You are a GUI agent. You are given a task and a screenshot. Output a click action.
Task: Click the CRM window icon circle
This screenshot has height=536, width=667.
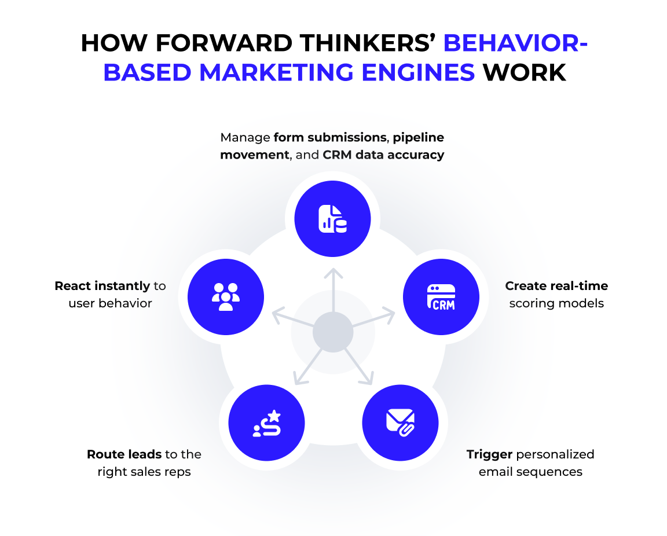[441, 298]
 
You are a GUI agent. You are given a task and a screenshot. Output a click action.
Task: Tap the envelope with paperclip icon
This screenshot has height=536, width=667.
[400, 422]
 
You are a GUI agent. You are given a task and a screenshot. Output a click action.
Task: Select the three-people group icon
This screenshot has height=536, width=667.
[226, 296]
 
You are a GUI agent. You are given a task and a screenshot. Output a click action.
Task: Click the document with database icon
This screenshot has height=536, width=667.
[332, 219]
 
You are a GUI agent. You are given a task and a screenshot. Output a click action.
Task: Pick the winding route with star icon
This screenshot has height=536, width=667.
[267, 423]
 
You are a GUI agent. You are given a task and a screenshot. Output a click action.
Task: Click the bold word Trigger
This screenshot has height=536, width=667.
[489, 454]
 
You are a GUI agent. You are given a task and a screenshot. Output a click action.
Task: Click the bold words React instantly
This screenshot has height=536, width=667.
[102, 286]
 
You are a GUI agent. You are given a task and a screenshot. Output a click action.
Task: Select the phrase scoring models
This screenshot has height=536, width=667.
[556, 303]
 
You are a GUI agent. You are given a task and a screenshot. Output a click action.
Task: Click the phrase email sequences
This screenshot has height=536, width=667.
[530, 472]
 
